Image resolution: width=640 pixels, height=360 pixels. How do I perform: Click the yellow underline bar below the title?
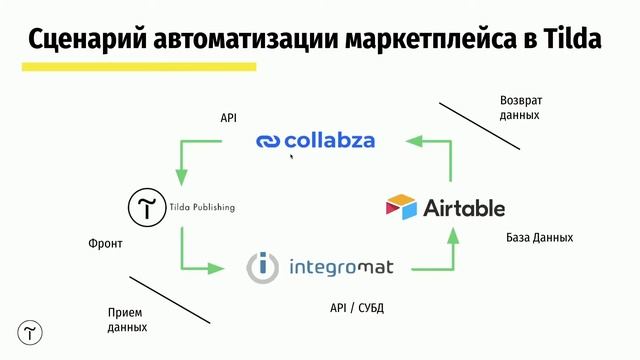(139, 67)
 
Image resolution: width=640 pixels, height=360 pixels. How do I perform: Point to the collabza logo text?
(329, 141)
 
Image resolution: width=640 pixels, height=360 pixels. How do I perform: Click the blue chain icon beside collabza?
(269, 142)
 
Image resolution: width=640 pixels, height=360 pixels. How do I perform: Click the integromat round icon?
(264, 267)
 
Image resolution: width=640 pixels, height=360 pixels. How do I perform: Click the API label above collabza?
(229, 118)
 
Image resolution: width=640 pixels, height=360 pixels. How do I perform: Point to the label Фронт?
(105, 244)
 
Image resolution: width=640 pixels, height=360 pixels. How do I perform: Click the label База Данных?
(540, 238)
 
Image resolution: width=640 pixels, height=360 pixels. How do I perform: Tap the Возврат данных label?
(522, 107)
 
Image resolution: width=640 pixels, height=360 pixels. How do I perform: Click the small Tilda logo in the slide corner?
(31, 333)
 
